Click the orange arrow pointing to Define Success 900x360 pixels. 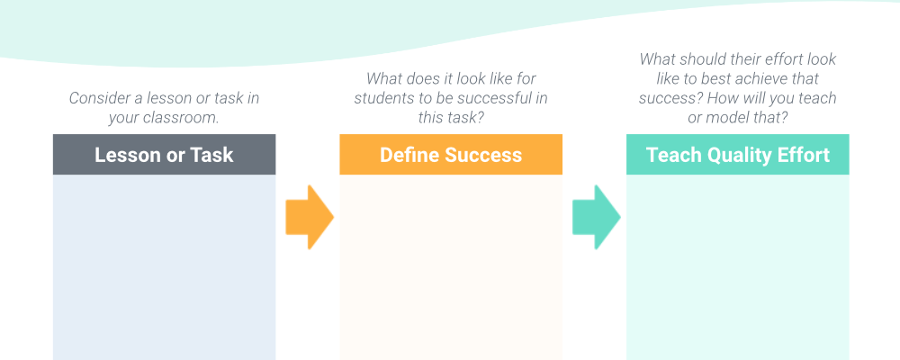click(x=310, y=217)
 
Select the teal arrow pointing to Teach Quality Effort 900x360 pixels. click(x=597, y=217)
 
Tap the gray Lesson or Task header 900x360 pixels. click(x=164, y=155)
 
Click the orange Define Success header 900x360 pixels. click(x=451, y=155)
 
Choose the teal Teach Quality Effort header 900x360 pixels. click(x=738, y=155)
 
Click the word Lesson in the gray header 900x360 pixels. click(x=127, y=155)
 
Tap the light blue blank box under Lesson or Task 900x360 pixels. click(x=164, y=267)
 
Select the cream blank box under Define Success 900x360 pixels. click(x=451, y=267)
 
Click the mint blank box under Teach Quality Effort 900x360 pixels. click(x=738, y=267)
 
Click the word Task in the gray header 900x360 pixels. click(x=211, y=155)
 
